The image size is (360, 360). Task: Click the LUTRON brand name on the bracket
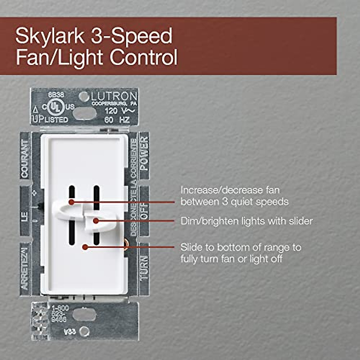tap(114, 96)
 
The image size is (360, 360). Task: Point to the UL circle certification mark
tap(53, 107)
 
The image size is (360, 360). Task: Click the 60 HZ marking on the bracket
tap(117, 120)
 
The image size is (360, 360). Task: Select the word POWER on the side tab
tap(144, 153)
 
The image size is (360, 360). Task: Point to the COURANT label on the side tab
tap(25, 159)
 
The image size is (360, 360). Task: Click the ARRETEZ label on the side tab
tap(25, 267)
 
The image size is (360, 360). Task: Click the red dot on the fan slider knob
tap(71, 202)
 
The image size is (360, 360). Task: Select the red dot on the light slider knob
tap(95, 221)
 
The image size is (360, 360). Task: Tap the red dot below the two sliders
tap(85, 247)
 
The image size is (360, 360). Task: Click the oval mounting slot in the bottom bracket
tap(84, 314)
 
